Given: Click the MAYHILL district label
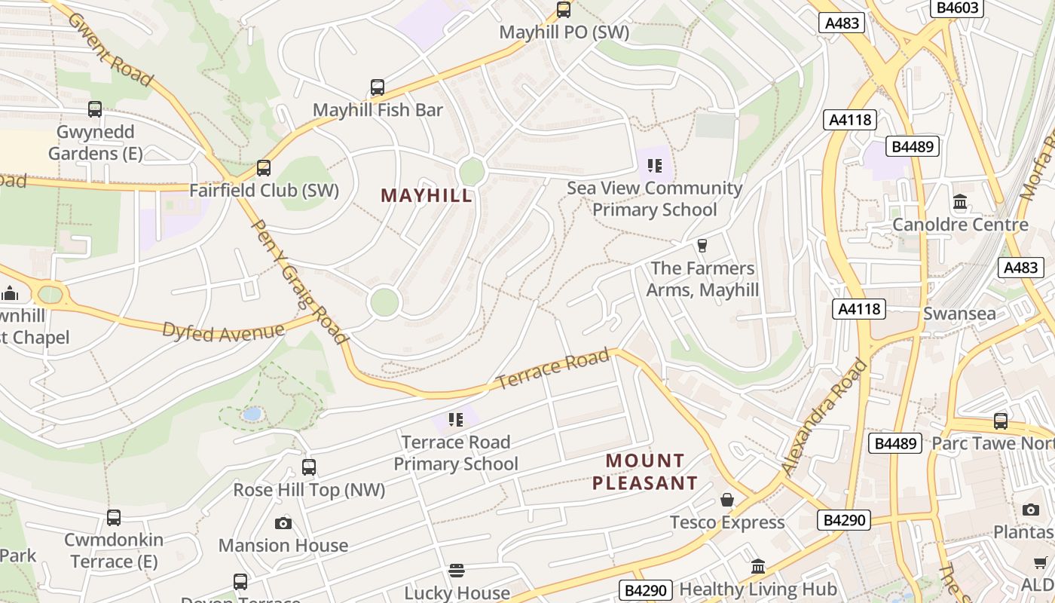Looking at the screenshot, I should [427, 196].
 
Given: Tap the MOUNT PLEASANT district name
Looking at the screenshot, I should [645, 472].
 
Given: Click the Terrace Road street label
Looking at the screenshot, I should [553, 369].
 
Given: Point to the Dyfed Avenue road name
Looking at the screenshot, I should [224, 332].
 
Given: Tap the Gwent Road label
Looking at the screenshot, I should [110, 48].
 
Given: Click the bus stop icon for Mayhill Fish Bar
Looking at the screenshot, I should [378, 87].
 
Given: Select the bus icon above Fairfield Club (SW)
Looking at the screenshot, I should [263, 167].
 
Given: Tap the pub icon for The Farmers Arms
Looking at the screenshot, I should [702, 246].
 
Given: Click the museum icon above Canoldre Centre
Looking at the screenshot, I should [960, 202].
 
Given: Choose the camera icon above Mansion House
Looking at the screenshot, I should [283, 523].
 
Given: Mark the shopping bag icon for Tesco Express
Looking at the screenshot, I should [727, 500].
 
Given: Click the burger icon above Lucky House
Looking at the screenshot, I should [457, 571].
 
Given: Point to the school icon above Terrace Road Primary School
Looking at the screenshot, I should [455, 419].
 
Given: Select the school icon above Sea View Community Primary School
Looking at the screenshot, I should [654, 165].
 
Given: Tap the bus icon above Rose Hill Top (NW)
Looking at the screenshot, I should [308, 467].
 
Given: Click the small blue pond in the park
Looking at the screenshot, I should [252, 414].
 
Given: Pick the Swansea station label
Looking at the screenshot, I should [959, 314].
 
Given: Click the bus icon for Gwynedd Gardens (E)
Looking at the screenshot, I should [95, 109].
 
